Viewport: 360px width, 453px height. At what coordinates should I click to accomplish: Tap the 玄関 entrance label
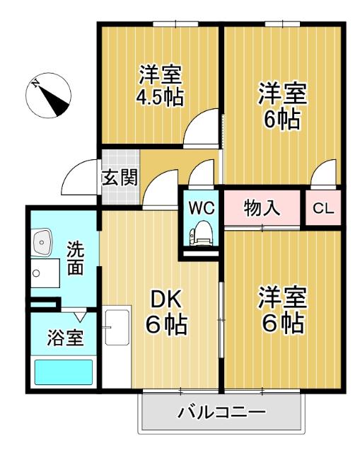[x=119, y=177]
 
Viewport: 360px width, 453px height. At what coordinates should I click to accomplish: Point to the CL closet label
[x=323, y=209]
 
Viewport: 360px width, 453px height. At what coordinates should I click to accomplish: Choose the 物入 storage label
[x=262, y=209]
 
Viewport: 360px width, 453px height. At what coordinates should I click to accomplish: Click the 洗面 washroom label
[x=76, y=258]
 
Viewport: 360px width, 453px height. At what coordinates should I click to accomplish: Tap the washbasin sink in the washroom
[x=42, y=243]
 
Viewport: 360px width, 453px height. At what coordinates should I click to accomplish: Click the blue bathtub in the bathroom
[x=64, y=372]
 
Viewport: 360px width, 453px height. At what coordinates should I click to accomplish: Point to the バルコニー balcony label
[x=221, y=411]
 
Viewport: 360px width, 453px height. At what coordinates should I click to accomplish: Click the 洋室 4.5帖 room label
[x=160, y=85]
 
